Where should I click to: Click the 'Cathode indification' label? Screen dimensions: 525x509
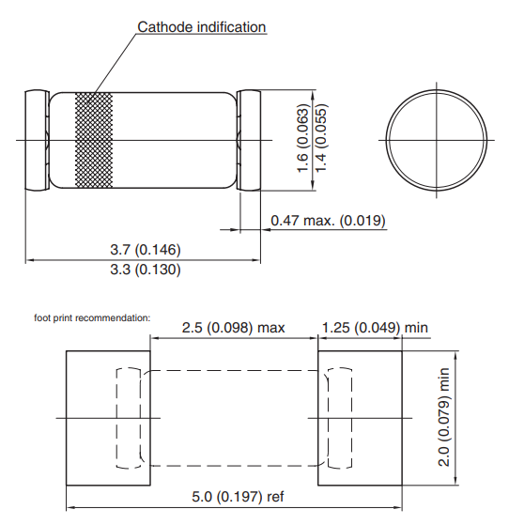(202, 27)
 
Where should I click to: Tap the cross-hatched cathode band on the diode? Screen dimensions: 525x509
(94, 140)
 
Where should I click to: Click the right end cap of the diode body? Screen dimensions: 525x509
(251, 140)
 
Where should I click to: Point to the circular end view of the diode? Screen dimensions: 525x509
(439, 140)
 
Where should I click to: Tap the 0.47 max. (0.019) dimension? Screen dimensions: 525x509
(328, 221)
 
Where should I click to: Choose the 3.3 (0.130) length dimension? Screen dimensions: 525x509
(146, 270)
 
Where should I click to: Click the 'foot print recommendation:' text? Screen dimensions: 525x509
(92, 317)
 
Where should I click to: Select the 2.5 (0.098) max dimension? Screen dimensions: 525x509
(233, 327)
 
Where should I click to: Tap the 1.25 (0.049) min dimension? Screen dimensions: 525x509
(375, 327)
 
